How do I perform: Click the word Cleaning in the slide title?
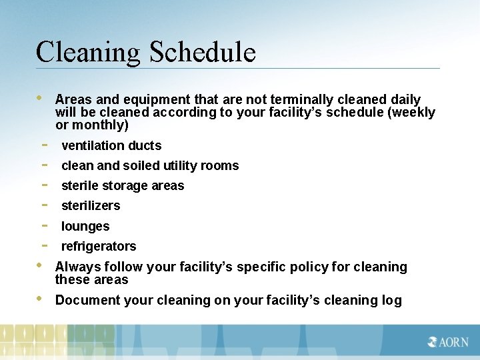point(89,52)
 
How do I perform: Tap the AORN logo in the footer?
point(449,342)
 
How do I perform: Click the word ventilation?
point(93,145)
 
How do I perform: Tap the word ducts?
point(145,145)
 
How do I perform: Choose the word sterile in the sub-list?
point(81,185)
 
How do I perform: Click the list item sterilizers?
point(91,205)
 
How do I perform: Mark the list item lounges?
point(85,226)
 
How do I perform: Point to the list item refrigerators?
point(99,246)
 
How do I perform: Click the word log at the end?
point(391,300)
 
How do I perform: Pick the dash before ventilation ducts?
point(44,145)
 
